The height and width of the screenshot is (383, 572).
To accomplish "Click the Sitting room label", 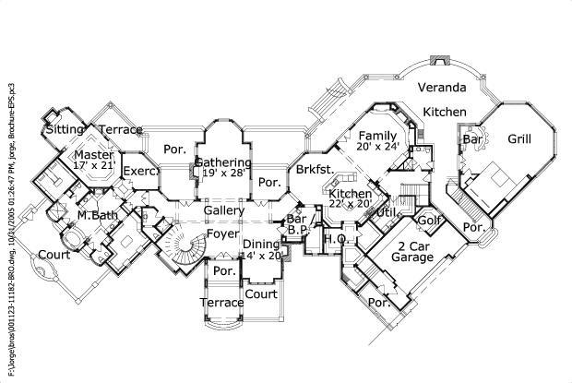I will pyautogui.click(x=66, y=130).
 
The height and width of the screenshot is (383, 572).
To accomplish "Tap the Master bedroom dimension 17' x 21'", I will pyautogui.click(x=92, y=170).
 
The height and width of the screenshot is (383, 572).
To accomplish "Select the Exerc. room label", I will pyautogui.click(x=138, y=171).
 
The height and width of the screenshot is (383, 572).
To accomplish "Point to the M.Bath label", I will pyautogui.click(x=95, y=216).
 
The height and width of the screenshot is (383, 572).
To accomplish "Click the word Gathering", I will pyautogui.click(x=222, y=162).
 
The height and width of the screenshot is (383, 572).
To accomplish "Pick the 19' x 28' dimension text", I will pyautogui.click(x=224, y=174).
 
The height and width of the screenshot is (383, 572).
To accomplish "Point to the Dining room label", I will pyautogui.click(x=261, y=244).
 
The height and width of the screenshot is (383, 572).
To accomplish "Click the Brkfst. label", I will pyautogui.click(x=314, y=170).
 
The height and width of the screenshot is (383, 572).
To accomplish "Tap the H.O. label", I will pyautogui.click(x=333, y=239).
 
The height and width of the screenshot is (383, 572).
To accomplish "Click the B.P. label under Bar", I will pyautogui.click(x=296, y=231).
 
